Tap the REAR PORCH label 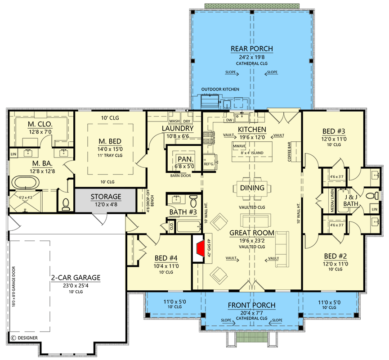pos(251,49)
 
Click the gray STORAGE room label pos(106,197)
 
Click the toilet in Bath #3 pos(193,200)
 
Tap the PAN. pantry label pos(185,159)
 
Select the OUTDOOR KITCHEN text pos(220,89)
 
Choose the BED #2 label pos(333,255)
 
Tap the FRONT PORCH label pos(251,305)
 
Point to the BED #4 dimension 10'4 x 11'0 pos(166,266)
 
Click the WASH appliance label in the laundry pos(174,121)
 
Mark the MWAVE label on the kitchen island pos(239,146)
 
